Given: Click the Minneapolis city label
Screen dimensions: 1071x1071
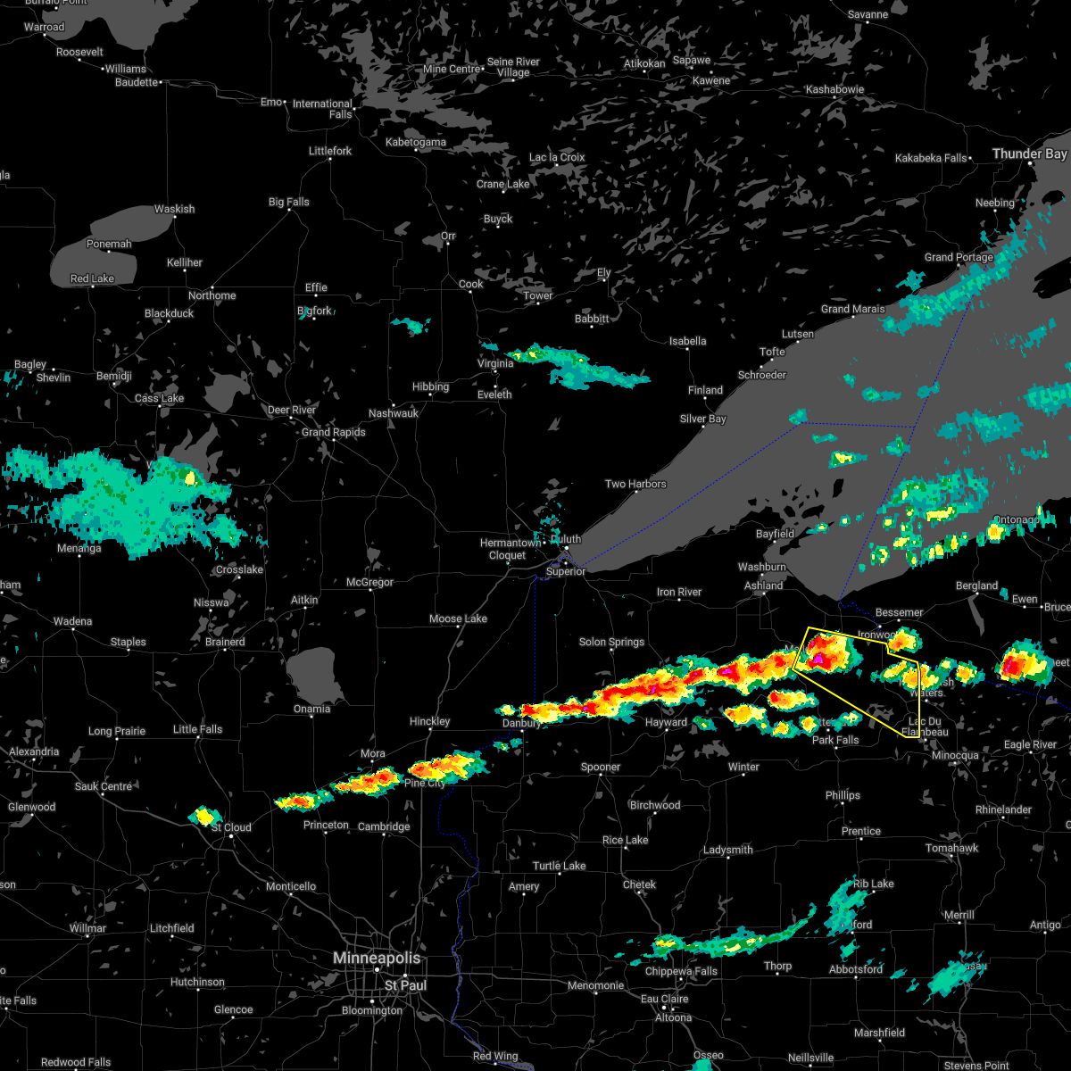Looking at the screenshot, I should [x=376, y=958].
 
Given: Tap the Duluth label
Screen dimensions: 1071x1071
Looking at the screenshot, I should [x=566, y=539].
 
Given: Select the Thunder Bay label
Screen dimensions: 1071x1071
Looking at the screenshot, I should [x=1029, y=154].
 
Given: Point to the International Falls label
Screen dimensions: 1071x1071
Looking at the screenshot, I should [x=323, y=109].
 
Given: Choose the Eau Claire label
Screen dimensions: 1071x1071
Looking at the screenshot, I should [x=664, y=1000].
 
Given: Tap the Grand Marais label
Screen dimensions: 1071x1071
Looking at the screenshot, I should [x=853, y=310].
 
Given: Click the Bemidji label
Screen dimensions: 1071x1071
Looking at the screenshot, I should [x=113, y=377].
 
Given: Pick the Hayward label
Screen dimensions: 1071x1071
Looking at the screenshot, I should [x=666, y=722].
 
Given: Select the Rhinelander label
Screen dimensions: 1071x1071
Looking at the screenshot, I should [x=1003, y=809].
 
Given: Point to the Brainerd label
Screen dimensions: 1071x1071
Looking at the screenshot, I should [x=225, y=642].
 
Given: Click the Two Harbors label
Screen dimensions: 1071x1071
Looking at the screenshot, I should [x=635, y=484].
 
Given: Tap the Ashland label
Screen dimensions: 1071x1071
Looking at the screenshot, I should [x=764, y=585].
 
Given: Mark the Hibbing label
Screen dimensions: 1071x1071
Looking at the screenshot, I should [x=430, y=386].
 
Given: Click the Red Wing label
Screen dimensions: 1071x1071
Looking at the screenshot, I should [x=494, y=1056].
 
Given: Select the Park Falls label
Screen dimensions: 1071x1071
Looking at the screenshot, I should [x=835, y=740].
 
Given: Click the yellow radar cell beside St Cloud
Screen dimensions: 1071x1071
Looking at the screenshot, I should [x=205, y=815].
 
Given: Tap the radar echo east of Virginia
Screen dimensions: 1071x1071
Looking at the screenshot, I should [x=580, y=367].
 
